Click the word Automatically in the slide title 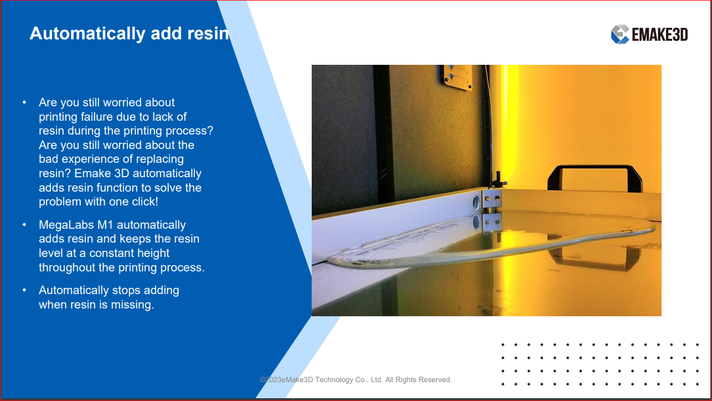coord(87,34)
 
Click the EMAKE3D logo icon coord(620,34)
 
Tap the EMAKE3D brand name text coord(660,34)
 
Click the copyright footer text coord(355,380)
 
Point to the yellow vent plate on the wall coord(457,77)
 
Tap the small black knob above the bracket coord(498,179)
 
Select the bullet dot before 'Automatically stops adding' coord(24,290)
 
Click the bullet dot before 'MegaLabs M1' coord(24,225)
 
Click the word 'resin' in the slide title coord(208,34)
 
